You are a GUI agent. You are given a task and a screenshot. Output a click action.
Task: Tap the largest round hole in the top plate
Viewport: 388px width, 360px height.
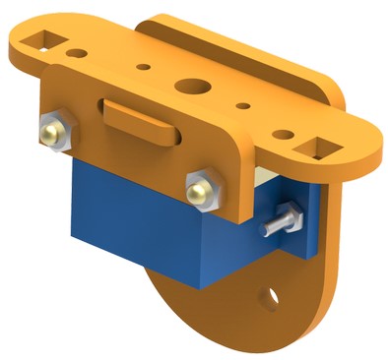(193, 86)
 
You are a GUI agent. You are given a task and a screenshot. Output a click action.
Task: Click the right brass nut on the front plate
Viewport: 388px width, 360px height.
(201, 187)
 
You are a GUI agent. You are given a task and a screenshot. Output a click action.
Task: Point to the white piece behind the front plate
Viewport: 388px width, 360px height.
(262, 173)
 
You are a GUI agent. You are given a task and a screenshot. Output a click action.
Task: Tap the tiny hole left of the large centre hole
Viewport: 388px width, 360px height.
(145, 70)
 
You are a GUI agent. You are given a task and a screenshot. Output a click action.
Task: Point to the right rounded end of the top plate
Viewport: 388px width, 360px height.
(369, 148)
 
